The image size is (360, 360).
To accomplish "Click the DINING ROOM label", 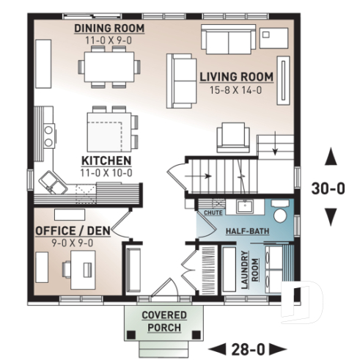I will point(109,29).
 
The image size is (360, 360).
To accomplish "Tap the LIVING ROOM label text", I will point(236,76).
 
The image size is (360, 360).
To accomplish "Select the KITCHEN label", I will point(106,161).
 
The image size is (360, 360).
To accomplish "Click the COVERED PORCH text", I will point(164,320).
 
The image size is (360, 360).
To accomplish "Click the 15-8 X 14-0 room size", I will point(236,90).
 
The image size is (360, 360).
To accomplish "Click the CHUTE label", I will point(213,213).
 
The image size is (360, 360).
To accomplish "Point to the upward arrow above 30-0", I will point(331,155).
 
